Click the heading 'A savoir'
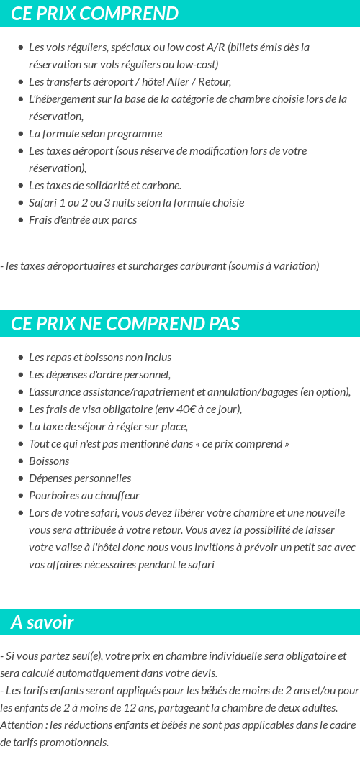click(42, 622)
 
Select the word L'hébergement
click(60, 99)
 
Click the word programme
click(136, 134)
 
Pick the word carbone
click(161, 186)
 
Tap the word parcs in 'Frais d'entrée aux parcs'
click(124, 220)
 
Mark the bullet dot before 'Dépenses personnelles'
click(22, 478)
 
